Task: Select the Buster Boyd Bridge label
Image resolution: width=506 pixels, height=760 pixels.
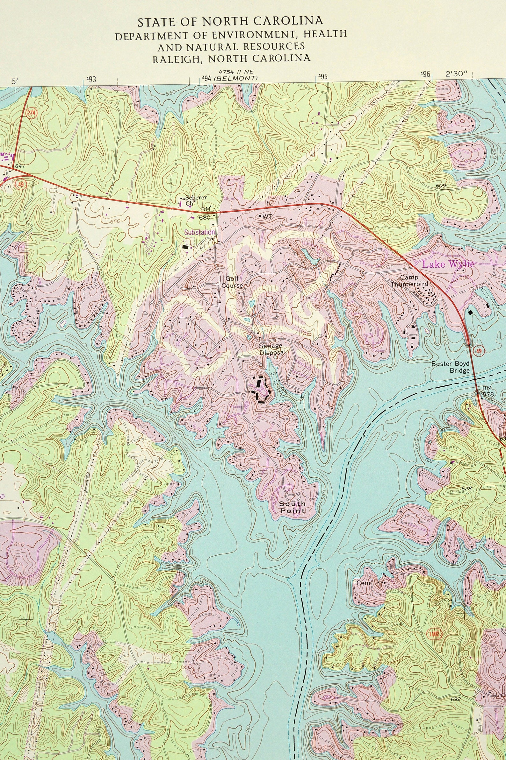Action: pos(451,367)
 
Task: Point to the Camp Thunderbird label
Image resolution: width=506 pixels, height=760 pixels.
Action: pos(409,281)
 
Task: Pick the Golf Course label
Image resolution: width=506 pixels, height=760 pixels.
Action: pos(232,281)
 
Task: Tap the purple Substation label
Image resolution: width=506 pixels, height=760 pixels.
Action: pos(199,232)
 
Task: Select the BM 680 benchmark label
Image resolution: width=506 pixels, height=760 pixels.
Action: pos(205,213)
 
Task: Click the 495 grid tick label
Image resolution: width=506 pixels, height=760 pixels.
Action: pos(322,77)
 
